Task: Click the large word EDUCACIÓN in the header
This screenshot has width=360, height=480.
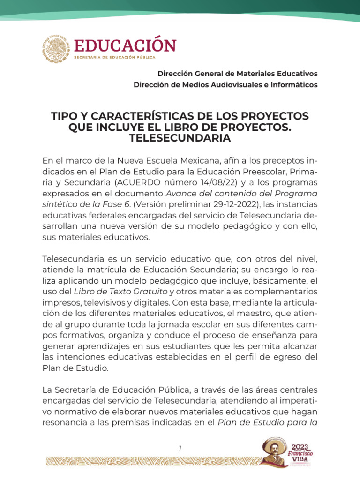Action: (125, 45)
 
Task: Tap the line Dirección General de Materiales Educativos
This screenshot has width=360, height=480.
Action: (237, 74)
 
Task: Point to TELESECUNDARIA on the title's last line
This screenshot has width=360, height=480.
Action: (180, 138)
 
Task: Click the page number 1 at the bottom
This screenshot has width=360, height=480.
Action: (180, 449)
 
